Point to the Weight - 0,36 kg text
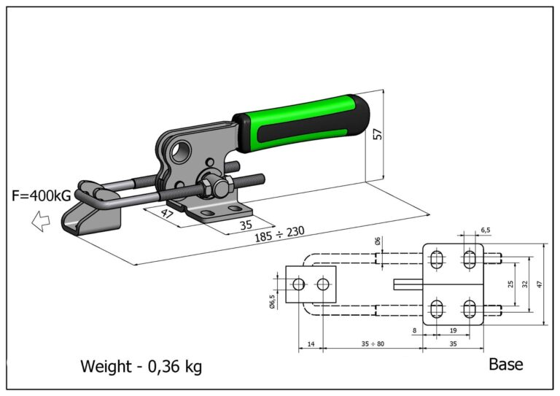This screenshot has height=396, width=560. click(141, 366)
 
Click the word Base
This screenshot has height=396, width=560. click(505, 364)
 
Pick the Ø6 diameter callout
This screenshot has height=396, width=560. click(377, 241)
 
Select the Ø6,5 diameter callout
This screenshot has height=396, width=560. click(273, 300)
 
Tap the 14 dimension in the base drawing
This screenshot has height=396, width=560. click(311, 341)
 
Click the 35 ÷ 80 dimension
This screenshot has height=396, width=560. click(373, 341)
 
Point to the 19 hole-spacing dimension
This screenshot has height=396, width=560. click(453, 330)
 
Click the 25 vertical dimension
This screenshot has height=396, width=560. click(511, 283)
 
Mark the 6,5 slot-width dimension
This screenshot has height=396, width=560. click(486, 230)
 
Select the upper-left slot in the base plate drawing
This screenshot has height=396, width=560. click(437, 259)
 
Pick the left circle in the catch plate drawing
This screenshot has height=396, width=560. click(297, 284)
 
